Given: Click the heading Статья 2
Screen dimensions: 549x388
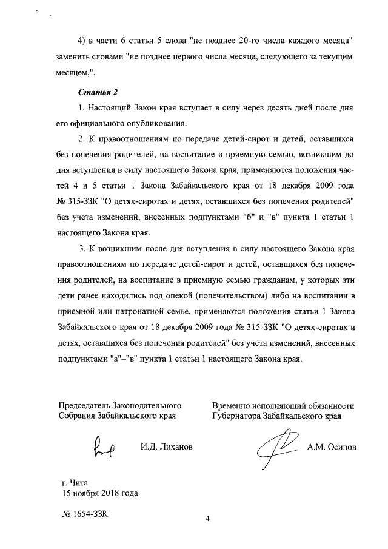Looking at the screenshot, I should point(98,92).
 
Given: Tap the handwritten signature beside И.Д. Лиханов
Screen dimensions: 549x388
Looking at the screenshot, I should point(104,447).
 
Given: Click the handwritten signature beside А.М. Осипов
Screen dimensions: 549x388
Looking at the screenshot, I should point(276,448).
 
